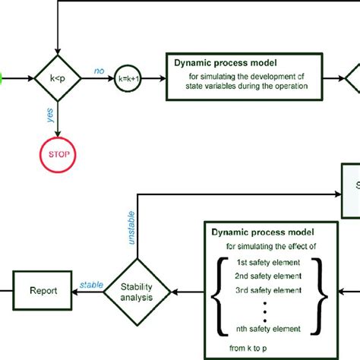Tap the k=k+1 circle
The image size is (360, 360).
(x=130, y=79)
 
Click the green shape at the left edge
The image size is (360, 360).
(x=2, y=79)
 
